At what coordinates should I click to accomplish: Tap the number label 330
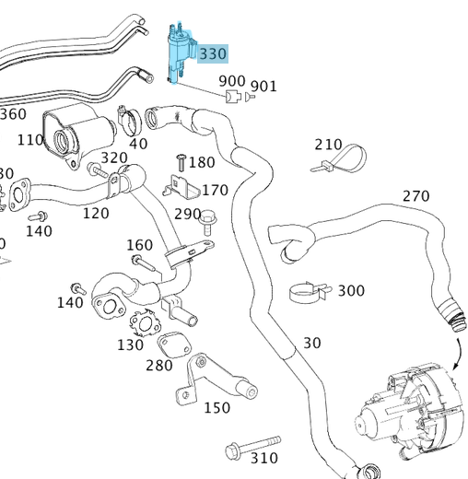(x=212, y=54)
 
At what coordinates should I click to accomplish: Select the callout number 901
(x=263, y=87)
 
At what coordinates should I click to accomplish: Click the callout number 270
(x=415, y=196)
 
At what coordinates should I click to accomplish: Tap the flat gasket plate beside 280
(x=171, y=345)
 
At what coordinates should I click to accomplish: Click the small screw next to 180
(x=181, y=163)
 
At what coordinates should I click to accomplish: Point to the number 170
(x=215, y=191)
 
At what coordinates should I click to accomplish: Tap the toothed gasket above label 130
(x=144, y=325)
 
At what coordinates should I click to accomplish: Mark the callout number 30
(x=311, y=343)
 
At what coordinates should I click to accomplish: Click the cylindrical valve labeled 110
(x=74, y=134)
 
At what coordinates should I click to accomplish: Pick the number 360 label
(x=13, y=114)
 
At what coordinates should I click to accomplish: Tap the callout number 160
(x=139, y=245)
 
